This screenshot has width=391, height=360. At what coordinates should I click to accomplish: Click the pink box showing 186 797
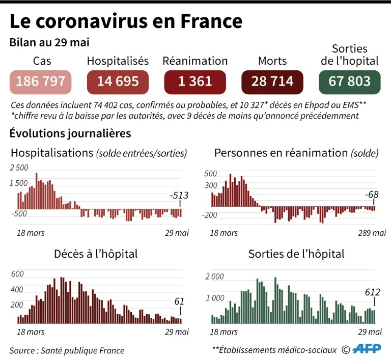point(41,81)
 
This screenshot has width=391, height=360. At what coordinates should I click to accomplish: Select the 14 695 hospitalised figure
point(118,81)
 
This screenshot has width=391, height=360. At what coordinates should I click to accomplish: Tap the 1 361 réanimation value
point(195,81)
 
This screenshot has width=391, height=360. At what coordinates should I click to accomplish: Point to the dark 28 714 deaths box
point(272,81)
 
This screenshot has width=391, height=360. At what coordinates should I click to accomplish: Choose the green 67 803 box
point(349,81)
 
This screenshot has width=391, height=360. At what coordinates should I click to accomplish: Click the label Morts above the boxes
point(272,61)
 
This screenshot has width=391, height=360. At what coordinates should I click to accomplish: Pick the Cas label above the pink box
point(42,61)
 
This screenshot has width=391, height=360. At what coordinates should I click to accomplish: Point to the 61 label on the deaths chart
point(179,301)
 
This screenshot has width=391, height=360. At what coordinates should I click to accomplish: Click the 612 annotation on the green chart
point(374,292)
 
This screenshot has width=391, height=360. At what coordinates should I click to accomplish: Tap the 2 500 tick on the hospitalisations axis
point(19,168)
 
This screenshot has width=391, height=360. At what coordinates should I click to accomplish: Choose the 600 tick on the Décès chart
point(17,274)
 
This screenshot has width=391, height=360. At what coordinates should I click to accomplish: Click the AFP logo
point(366,350)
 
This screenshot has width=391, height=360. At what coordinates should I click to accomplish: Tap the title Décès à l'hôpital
point(96,254)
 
